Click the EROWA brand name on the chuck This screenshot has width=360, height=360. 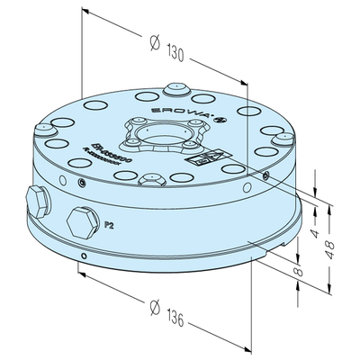[x=192, y=106]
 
